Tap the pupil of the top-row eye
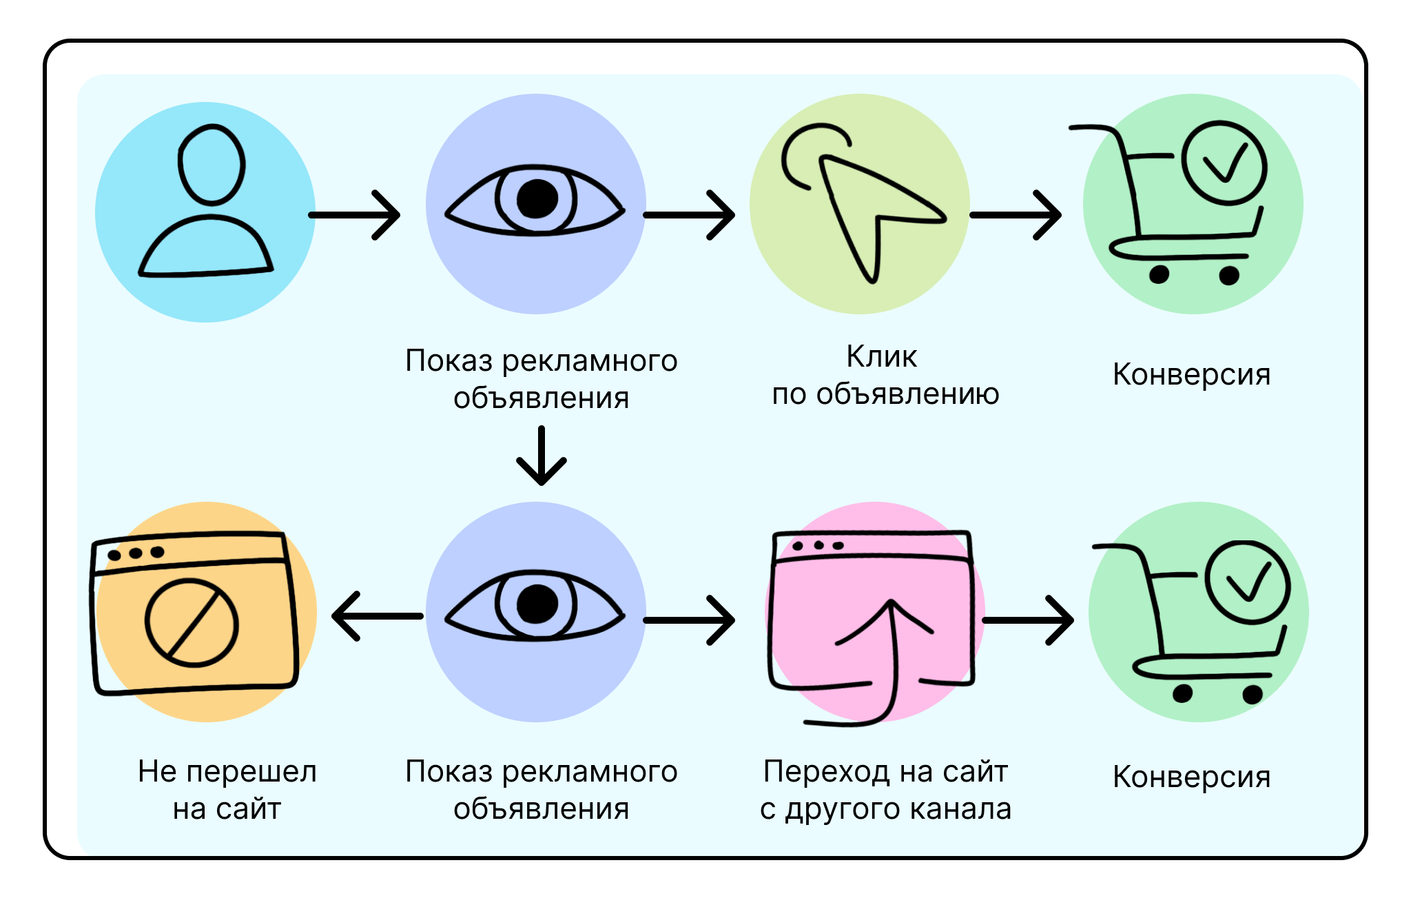point(537,199)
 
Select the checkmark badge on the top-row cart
point(1224,163)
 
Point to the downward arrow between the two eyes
point(542,456)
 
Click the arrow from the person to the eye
point(355,215)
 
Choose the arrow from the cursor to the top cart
point(1016,215)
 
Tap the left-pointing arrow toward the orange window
point(377,616)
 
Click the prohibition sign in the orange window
point(192,622)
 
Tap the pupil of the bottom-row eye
point(537,604)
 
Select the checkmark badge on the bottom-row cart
point(1248,582)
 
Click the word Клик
point(881,357)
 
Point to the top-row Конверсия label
point(1191,374)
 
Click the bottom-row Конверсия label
point(1191,777)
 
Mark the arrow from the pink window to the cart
point(1027,620)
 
